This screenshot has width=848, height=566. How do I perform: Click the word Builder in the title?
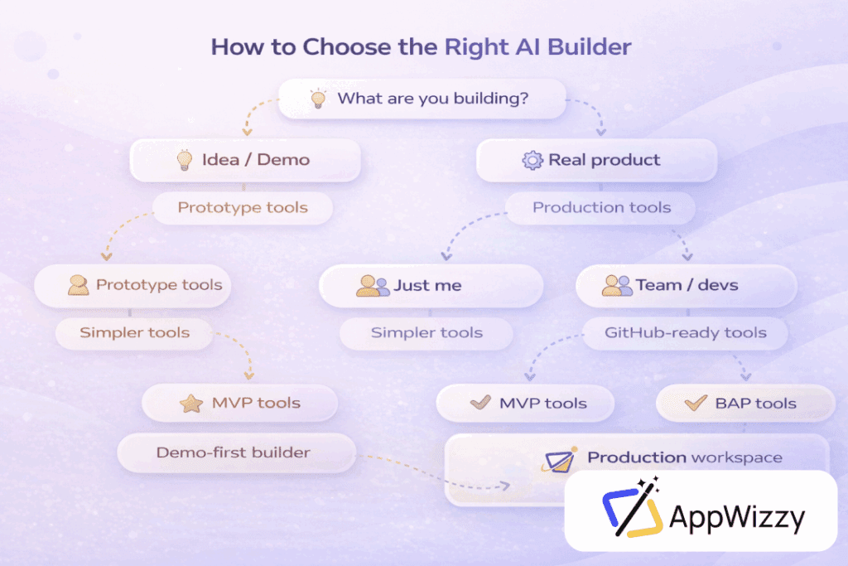(x=589, y=47)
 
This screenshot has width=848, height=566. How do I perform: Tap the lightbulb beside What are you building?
(x=318, y=98)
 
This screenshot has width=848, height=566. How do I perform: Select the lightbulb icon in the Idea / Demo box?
(x=185, y=160)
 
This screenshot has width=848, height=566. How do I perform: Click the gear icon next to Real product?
(x=532, y=160)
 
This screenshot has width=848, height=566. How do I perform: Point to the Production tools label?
(x=601, y=208)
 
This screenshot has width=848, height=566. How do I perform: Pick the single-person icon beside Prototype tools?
(x=79, y=285)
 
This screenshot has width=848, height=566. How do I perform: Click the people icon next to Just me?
(x=373, y=286)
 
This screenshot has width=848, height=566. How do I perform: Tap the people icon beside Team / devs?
(x=617, y=286)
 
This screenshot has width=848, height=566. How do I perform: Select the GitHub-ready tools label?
(x=685, y=333)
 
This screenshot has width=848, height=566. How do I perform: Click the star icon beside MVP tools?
(x=191, y=403)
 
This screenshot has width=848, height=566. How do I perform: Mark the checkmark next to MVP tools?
(x=480, y=402)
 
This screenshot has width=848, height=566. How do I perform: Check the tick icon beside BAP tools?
(x=696, y=403)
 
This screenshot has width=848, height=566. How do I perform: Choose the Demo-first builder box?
(x=236, y=453)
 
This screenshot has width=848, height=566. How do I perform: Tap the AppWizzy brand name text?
(x=737, y=517)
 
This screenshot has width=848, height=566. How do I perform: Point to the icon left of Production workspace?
(x=559, y=460)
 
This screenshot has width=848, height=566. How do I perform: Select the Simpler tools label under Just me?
(x=426, y=333)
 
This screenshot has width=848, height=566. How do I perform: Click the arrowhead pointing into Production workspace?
(x=504, y=486)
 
